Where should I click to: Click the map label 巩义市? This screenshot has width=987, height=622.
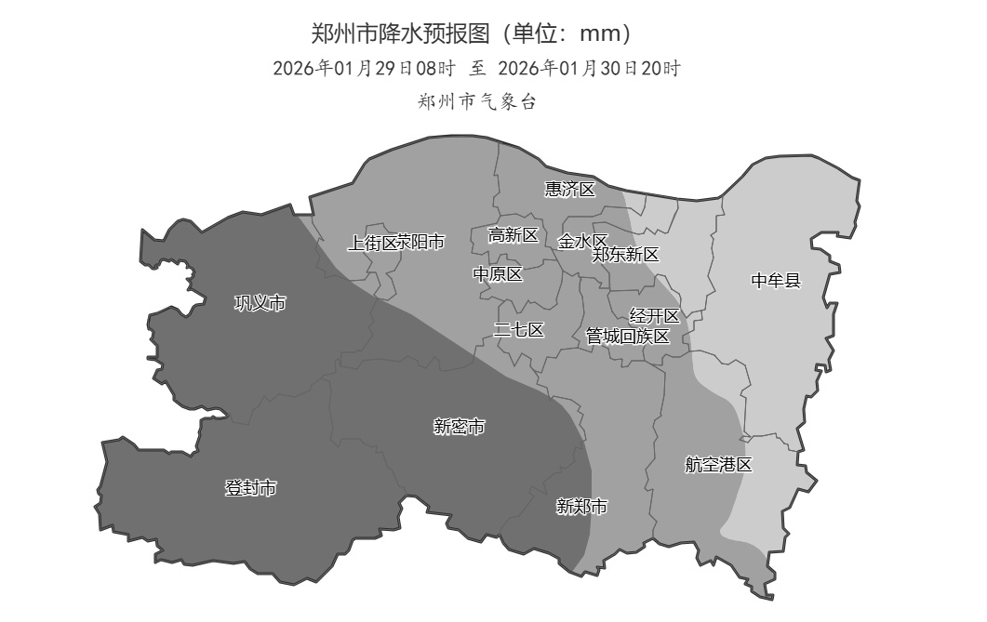click(260, 303)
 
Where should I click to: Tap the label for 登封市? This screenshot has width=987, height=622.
click(251, 488)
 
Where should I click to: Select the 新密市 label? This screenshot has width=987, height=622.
click(460, 427)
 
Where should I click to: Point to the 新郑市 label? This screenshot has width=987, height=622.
click(581, 507)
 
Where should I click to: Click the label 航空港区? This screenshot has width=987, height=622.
click(718, 465)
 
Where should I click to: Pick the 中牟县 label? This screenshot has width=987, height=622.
click(776, 280)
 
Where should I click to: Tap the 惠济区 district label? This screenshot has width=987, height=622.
click(569, 190)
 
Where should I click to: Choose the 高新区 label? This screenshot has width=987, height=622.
click(514, 235)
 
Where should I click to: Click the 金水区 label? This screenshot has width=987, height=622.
click(581, 242)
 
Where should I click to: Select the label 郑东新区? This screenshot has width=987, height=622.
click(626, 255)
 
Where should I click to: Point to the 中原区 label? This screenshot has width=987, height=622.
click(498, 274)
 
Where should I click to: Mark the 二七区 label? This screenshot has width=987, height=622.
click(518, 330)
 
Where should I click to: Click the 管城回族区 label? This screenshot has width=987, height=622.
click(627, 337)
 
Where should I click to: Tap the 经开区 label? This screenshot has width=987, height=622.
click(655, 316)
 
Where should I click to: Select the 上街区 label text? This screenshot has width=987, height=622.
click(371, 243)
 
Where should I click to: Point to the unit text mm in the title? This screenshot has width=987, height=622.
click(598, 34)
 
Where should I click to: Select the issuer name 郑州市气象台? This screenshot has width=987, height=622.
click(477, 102)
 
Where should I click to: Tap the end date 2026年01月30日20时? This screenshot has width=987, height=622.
click(590, 68)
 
